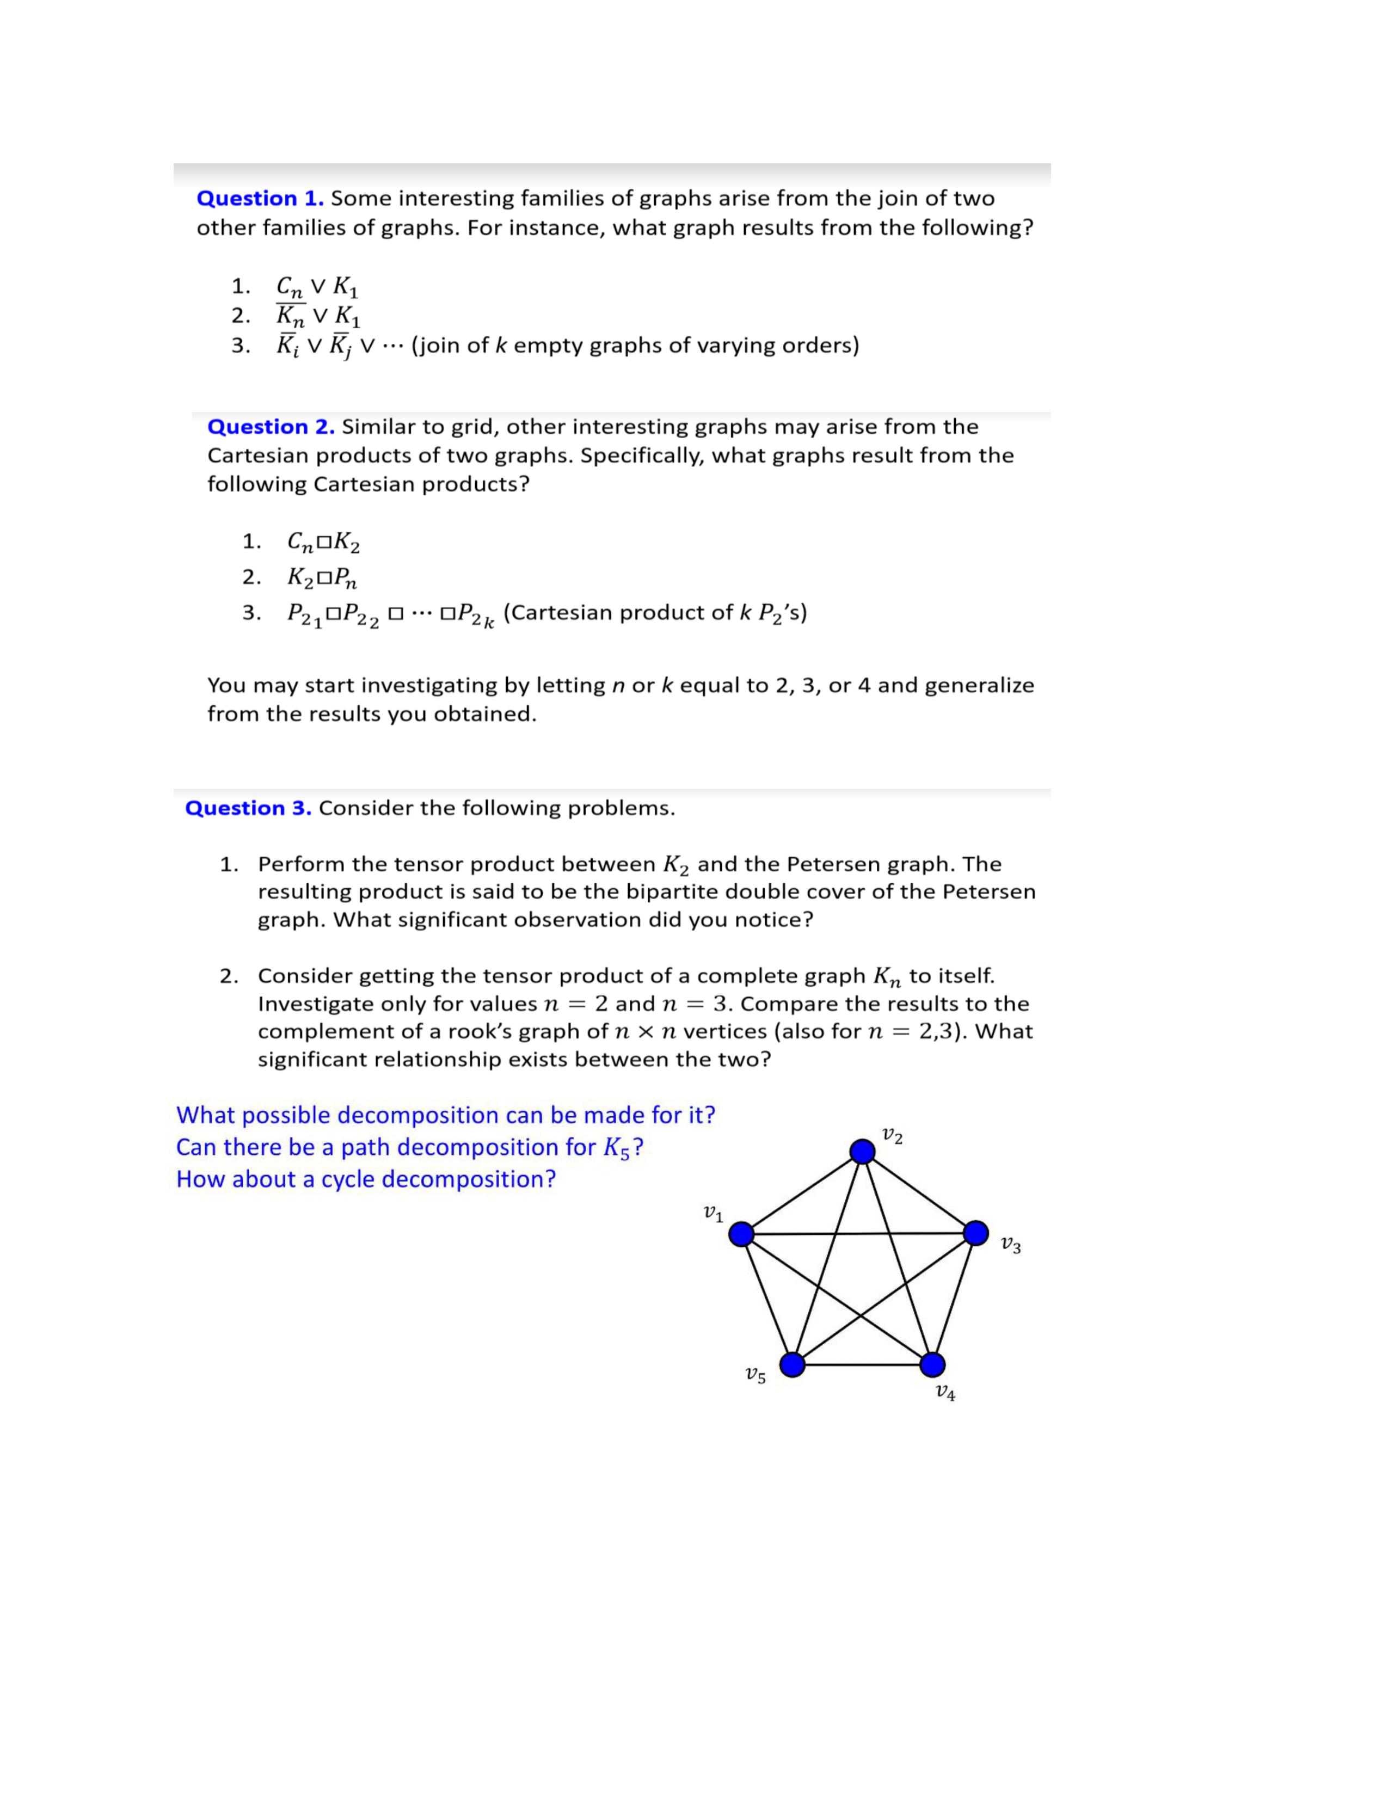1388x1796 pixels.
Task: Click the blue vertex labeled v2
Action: tap(862, 1151)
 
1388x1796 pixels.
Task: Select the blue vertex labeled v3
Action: tap(976, 1233)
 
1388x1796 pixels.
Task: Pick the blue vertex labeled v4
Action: tap(932, 1365)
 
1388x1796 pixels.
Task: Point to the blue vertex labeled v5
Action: tap(792, 1365)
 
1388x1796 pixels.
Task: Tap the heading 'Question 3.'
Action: tap(248, 808)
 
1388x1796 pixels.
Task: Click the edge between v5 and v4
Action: tap(862, 1365)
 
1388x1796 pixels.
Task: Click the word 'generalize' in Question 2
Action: tap(979, 686)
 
